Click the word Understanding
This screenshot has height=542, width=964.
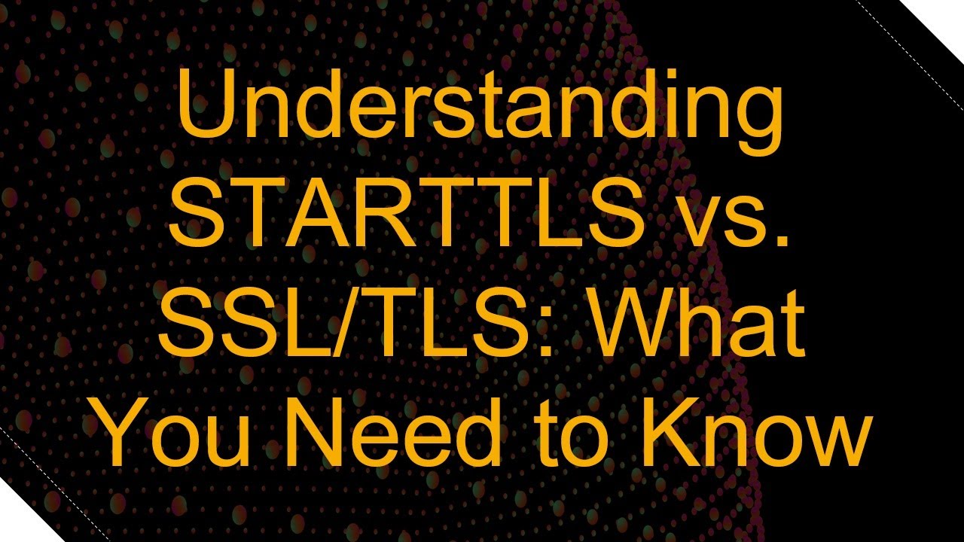tap(480, 113)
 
